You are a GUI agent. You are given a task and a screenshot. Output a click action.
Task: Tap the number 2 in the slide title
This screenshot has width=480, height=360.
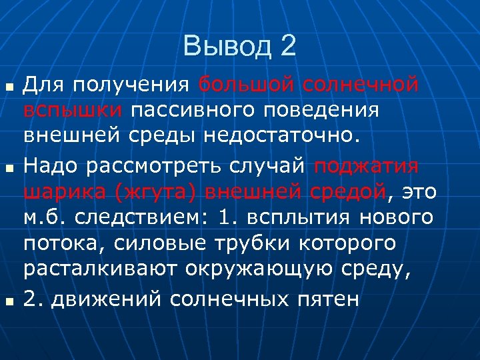click(x=287, y=47)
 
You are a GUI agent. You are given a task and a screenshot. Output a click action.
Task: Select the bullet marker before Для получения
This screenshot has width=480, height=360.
click(x=8, y=87)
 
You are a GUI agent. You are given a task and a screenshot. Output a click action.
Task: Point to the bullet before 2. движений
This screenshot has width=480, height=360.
click(x=8, y=299)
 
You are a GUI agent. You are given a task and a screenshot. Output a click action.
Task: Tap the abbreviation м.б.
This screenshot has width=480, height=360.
click(x=45, y=217)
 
